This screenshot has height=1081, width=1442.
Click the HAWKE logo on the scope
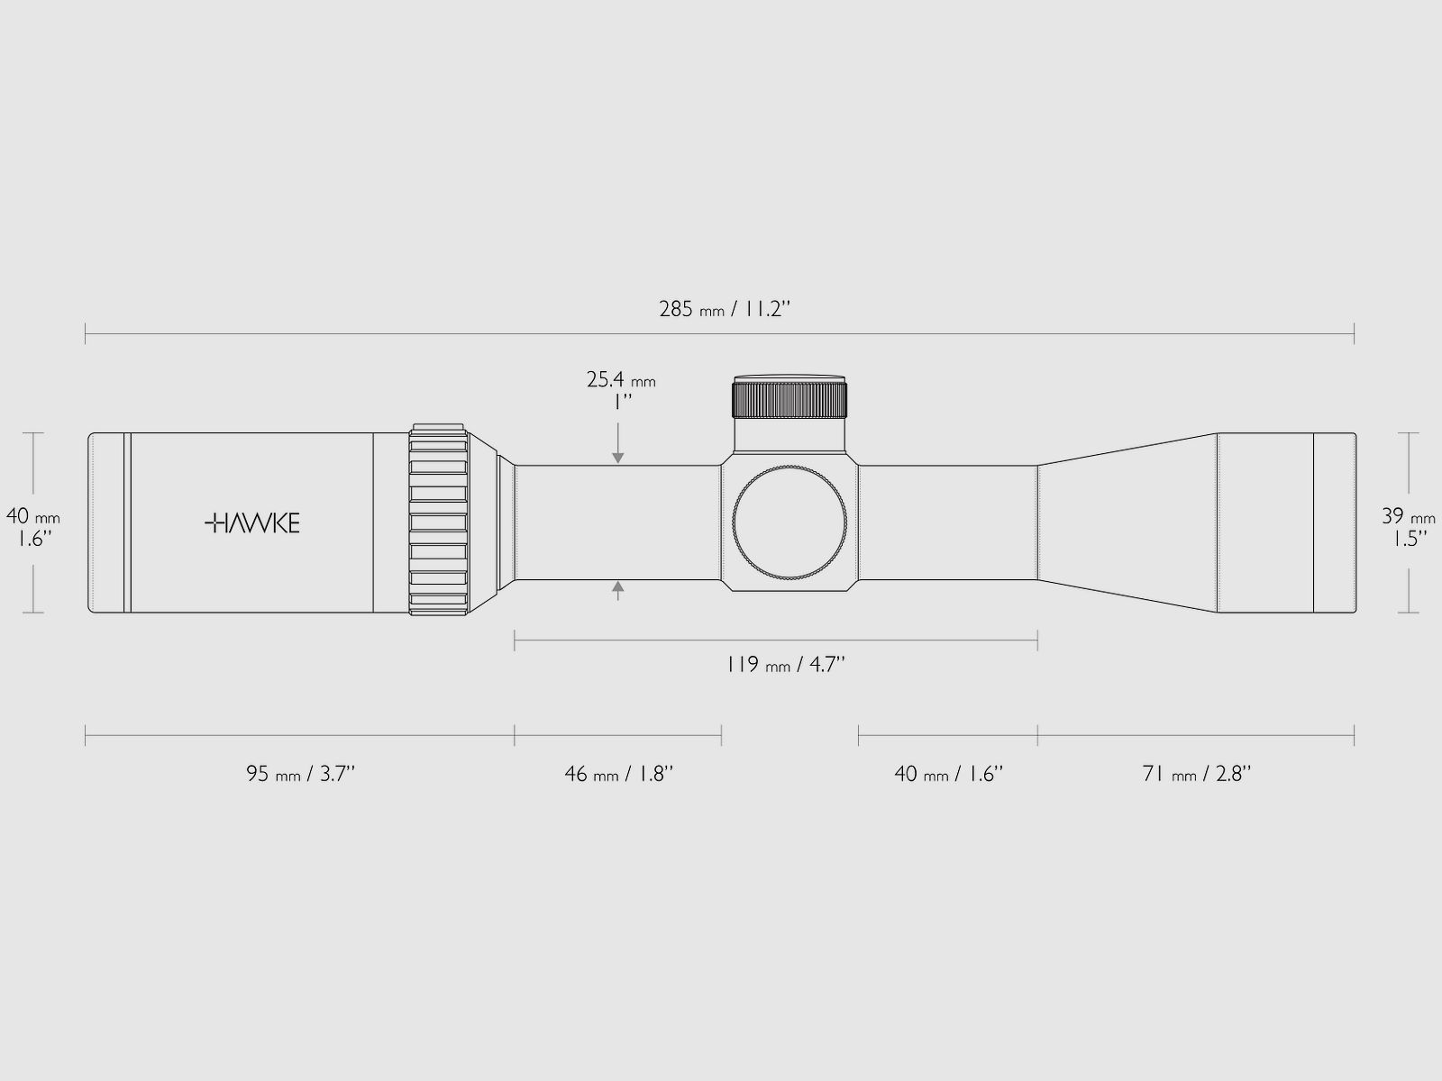tap(252, 523)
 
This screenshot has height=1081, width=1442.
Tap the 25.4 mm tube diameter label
tap(621, 390)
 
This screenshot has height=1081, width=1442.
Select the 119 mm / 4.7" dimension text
tap(786, 666)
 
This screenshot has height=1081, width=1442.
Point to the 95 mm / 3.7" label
tap(301, 774)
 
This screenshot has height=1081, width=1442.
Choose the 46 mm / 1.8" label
tap(618, 774)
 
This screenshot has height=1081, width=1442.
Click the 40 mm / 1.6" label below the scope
tap(948, 774)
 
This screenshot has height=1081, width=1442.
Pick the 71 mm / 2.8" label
tap(1196, 774)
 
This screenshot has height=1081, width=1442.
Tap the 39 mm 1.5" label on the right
tap(1408, 528)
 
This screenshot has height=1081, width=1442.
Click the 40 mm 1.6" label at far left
tap(33, 528)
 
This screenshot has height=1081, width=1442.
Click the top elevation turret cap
tap(789, 397)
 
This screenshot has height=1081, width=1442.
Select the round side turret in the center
tap(790, 522)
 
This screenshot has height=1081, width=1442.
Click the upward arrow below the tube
tap(618, 591)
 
